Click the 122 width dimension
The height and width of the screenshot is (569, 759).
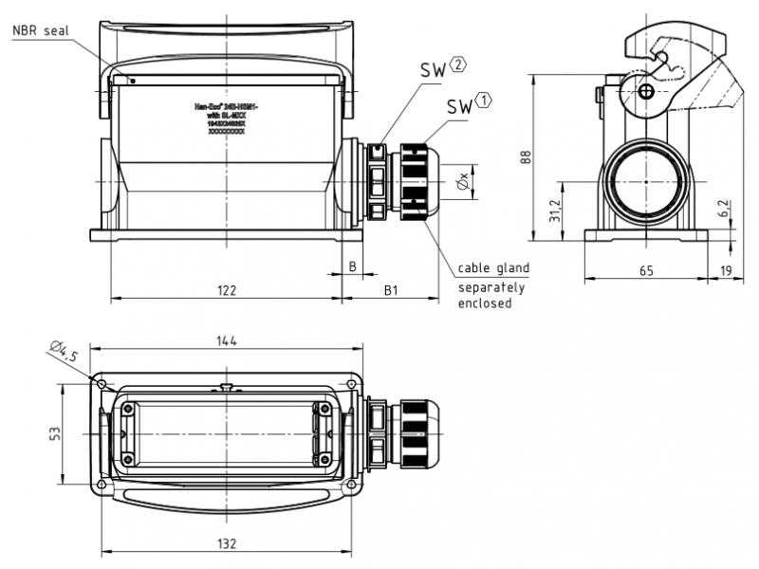pyautogui.click(x=226, y=290)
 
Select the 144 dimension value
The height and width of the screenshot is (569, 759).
pyautogui.click(x=226, y=340)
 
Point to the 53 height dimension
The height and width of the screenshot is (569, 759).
pyautogui.click(x=55, y=432)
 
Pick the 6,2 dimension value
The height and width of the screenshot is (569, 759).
pyautogui.click(x=724, y=211)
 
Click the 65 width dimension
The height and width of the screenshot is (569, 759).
pyautogui.click(x=646, y=271)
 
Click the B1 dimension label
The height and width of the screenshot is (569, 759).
pyautogui.click(x=391, y=289)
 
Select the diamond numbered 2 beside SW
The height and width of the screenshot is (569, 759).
pyautogui.click(x=457, y=65)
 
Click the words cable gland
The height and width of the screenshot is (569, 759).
pyautogui.click(x=493, y=268)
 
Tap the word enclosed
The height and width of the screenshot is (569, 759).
pyautogui.click(x=485, y=303)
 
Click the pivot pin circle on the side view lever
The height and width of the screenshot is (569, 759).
pyautogui.click(x=647, y=91)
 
